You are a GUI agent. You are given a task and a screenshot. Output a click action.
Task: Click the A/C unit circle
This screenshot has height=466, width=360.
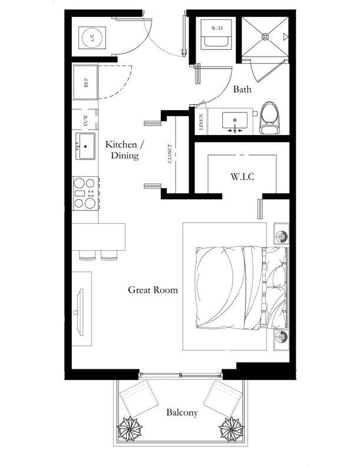[92, 38]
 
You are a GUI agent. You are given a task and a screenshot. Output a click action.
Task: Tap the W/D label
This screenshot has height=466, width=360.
[217, 28]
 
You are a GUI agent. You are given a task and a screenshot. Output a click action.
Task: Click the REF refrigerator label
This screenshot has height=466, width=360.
[86, 82]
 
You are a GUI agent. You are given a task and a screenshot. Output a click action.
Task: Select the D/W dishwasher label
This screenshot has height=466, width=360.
[85, 120]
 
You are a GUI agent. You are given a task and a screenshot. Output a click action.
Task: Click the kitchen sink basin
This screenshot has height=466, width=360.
[85, 146]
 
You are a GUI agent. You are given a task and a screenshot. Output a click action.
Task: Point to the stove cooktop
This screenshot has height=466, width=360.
[85, 193]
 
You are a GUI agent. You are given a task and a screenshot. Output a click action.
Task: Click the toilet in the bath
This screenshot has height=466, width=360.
[270, 118]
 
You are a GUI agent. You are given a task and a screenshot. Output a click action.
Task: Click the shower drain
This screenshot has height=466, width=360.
[265, 37]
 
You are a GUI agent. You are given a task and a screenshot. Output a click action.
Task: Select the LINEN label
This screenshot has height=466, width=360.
[202, 122]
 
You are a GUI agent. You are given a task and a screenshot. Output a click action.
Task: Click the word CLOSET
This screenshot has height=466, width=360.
[170, 153]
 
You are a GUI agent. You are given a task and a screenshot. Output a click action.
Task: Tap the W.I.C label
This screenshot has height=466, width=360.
[242, 177]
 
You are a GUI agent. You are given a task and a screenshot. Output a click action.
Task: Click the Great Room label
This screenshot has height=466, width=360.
[153, 290]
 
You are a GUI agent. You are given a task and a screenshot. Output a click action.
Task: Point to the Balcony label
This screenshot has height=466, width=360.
[182, 412]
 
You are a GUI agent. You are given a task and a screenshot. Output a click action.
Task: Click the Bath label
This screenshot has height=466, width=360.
[242, 89]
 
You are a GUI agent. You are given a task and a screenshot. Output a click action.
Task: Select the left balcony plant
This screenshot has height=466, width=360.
[130, 428]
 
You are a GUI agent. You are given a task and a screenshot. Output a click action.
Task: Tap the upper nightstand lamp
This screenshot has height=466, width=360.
[281, 237]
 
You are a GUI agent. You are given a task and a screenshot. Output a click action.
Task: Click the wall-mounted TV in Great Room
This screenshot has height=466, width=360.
[80, 312]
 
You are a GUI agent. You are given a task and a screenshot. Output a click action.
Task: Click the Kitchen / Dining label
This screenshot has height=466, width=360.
[125, 150]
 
